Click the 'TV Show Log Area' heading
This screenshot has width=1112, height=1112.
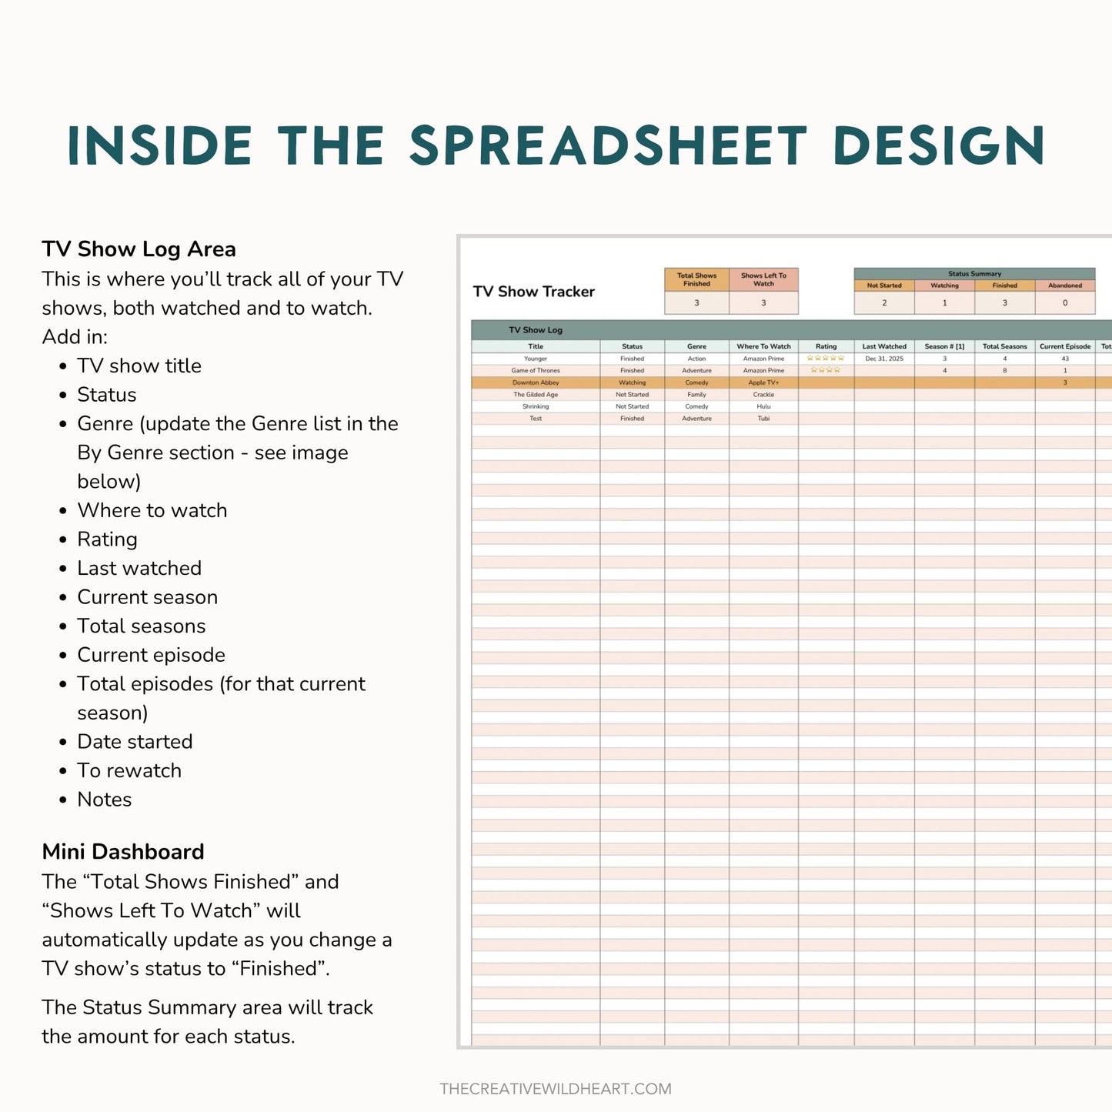coord(139,249)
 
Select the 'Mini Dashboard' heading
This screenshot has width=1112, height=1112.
coord(123,852)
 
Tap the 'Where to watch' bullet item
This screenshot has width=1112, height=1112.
coord(152,510)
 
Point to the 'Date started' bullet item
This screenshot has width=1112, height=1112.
coord(135,742)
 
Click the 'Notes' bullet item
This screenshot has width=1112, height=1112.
coord(105,800)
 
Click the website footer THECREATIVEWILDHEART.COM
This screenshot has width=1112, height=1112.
coord(556,1089)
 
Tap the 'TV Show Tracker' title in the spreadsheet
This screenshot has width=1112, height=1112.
coord(534,292)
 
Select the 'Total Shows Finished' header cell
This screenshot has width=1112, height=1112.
coord(696,279)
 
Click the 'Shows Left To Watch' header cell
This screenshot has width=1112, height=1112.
coord(763,279)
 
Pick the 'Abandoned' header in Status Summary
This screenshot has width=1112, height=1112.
coord(1065,286)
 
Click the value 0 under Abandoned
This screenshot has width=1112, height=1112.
coord(1065,303)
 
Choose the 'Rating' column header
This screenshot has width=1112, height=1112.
coord(826,346)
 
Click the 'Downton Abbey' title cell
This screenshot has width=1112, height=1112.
coord(536,382)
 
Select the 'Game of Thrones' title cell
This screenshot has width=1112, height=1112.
coord(536,371)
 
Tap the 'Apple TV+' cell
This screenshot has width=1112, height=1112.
coord(763,382)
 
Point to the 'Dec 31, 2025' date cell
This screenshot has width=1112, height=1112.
coord(884,359)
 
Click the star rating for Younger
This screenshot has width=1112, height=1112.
coord(826,359)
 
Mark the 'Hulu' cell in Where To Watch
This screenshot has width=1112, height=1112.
coord(763,406)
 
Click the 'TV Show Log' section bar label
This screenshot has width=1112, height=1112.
coord(536,330)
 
